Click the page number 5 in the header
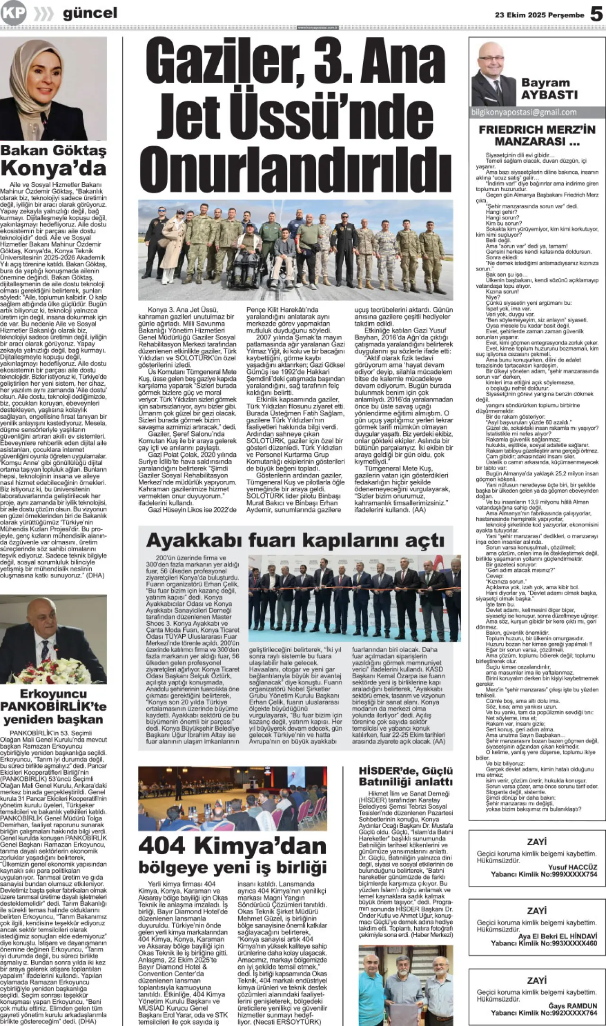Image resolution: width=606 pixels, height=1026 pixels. coord(596,14)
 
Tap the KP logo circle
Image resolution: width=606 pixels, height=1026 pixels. coord(13,13)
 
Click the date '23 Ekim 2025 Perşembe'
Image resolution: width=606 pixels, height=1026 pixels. coord(539,15)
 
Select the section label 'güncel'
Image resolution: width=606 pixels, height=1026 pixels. coord(90,14)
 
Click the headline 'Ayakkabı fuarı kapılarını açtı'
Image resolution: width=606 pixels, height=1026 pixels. coord(295,540)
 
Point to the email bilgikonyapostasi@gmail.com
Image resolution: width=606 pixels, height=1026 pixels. coord(524,112)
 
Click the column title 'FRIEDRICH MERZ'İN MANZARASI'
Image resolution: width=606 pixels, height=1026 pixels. coord(537,135)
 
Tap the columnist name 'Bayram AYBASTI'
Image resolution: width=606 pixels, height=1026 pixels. coord(549,88)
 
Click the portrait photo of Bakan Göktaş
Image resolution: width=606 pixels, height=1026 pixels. coord(53,88)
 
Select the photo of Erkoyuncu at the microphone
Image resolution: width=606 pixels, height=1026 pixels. coord(53,639)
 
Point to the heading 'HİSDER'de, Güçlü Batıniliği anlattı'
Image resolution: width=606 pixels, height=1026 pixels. coord(406,777)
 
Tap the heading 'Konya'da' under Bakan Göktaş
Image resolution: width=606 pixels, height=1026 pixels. coord(53,168)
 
